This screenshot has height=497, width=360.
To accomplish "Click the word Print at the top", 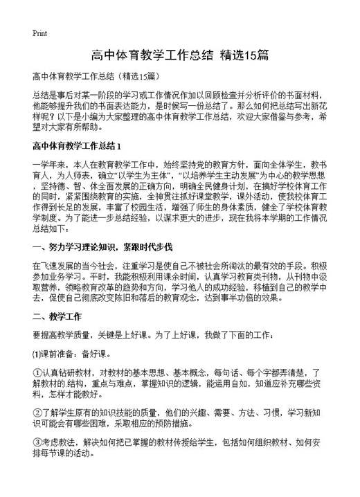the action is pos(40,33).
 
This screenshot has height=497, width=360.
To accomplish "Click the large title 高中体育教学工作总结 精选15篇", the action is pos(180,55).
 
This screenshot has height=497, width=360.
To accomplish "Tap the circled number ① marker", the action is pos(37,372).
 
